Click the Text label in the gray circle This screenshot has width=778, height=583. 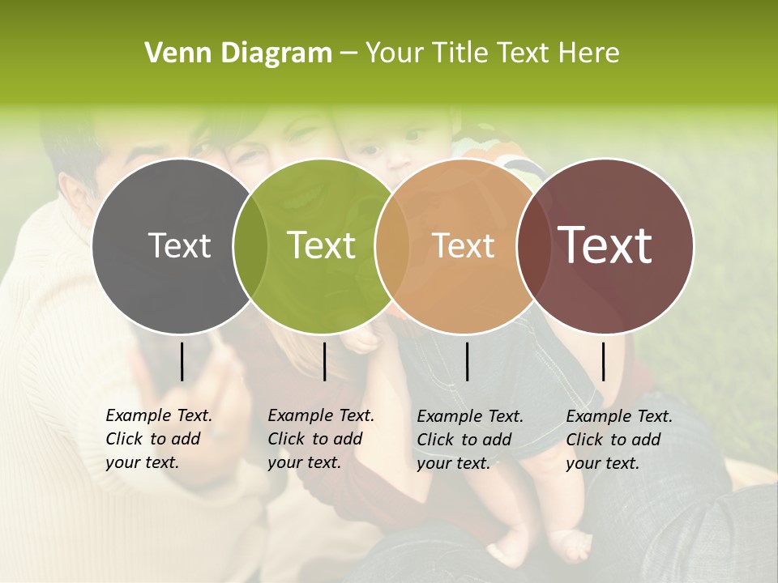(180, 245)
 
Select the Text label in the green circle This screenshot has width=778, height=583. (322, 245)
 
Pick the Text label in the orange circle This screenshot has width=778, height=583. (464, 245)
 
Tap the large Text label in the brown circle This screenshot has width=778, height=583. (605, 245)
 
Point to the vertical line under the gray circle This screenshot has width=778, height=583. (182, 361)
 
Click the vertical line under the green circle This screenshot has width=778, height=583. (324, 361)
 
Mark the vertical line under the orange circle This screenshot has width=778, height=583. (467, 361)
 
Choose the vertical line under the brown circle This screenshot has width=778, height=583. (603, 361)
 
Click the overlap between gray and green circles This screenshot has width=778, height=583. (250, 246)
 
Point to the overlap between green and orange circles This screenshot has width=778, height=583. (391, 246)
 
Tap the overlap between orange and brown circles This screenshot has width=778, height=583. (531, 246)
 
